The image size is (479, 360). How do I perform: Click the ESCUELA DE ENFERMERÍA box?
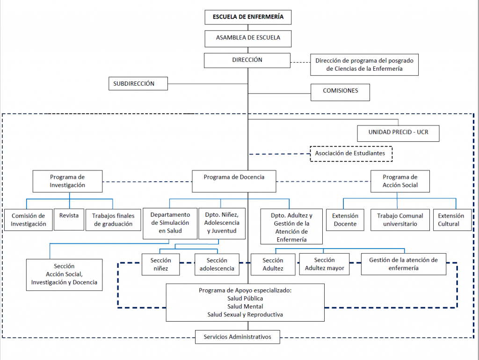click(x=248, y=17)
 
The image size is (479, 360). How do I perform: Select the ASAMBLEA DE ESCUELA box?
click(x=248, y=38)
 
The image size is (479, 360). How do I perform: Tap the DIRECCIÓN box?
click(x=247, y=60)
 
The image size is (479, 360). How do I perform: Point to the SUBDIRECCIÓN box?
click(x=138, y=83)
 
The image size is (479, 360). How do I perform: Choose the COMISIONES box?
click(x=341, y=92)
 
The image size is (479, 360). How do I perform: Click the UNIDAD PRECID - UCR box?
click(x=399, y=133)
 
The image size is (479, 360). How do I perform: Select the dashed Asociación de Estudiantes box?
click(x=351, y=154)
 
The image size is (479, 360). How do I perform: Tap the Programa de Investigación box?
click(x=67, y=181)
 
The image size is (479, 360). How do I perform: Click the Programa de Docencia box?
click(x=234, y=181)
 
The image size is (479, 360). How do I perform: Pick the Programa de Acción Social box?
click(x=400, y=181)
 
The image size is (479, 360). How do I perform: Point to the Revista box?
click(x=69, y=220)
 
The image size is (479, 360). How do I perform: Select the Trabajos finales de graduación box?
click(x=113, y=220)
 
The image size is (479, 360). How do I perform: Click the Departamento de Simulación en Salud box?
click(x=170, y=223)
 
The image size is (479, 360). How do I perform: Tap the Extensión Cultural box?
click(x=452, y=220)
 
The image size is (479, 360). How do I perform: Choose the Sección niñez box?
click(x=161, y=264)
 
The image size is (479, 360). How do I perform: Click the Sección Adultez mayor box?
click(x=325, y=264)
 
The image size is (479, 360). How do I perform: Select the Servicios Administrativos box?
click(x=238, y=337)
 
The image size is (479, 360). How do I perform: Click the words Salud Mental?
click(x=245, y=307)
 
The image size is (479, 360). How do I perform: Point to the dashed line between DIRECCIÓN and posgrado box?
click(x=301, y=62)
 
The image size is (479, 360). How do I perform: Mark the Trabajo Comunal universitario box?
click(x=400, y=220)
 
